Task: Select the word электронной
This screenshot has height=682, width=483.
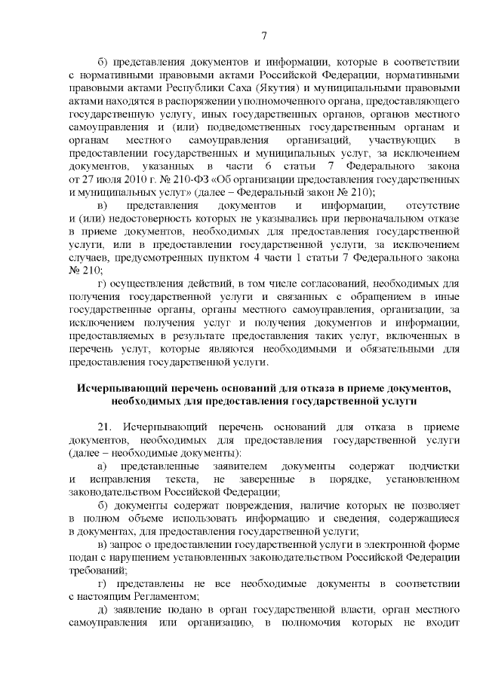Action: tap(368, 543)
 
